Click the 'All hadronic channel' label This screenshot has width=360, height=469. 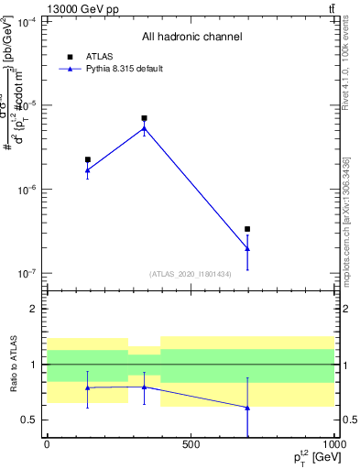[x=191, y=38]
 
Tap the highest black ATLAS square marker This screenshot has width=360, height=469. [x=144, y=118]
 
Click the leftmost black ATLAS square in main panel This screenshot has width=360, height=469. [x=87, y=159]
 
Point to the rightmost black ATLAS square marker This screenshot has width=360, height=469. [x=247, y=229]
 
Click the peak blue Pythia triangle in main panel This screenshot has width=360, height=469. [x=144, y=128]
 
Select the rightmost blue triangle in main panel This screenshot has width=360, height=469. [x=247, y=248]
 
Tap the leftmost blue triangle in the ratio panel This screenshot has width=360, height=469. [x=87, y=387]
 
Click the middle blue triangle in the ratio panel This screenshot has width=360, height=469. [x=144, y=387]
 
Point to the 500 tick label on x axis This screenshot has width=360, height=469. [x=190, y=444]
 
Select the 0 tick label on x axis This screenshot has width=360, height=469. [x=47, y=444]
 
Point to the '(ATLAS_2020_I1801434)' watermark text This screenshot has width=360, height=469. [x=190, y=274]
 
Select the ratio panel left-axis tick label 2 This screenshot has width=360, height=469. [x=34, y=309]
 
